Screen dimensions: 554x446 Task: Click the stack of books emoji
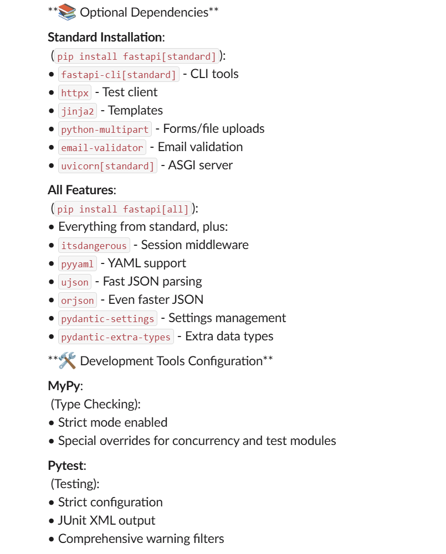pyautogui.click(x=67, y=12)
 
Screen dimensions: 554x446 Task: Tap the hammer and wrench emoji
pyautogui.click(x=67, y=361)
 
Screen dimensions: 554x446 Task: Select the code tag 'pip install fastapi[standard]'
pyautogui.click(x=137, y=56)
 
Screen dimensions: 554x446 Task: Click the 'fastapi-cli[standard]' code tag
pyautogui.click(x=119, y=75)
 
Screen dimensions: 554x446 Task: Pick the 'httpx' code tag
pyautogui.click(x=75, y=93)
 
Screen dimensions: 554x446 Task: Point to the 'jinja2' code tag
pyautogui.click(x=78, y=111)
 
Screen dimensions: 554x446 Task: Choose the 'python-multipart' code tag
pyautogui.click(x=105, y=130)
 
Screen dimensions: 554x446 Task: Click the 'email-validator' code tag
pyautogui.click(x=102, y=148)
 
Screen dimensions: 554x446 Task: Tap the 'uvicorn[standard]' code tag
pyautogui.click(x=107, y=166)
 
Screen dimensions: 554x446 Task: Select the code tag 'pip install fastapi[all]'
pyautogui.click(x=123, y=209)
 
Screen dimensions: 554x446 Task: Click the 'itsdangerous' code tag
pyautogui.click(x=94, y=246)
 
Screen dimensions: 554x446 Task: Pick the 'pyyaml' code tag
pyautogui.click(x=78, y=264)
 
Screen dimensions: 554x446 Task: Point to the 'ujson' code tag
pyautogui.click(x=75, y=282)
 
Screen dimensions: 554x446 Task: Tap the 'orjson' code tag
pyautogui.click(x=78, y=301)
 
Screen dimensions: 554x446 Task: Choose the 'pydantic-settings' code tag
pyautogui.click(x=107, y=319)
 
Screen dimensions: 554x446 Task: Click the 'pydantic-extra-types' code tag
pyautogui.click(x=116, y=337)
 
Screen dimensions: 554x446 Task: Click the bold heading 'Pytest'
pyautogui.click(x=65, y=465)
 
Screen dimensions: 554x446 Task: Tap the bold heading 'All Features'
pyautogui.click(x=80, y=190)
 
